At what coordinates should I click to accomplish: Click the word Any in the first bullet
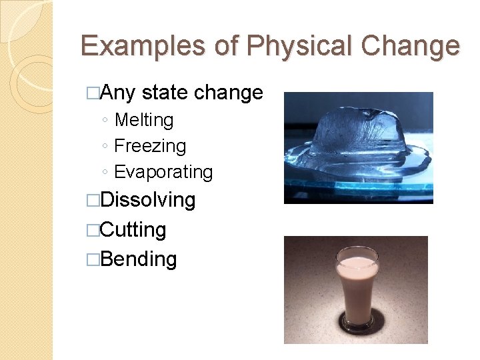[x=118, y=93]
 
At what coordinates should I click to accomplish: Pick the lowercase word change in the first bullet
[x=228, y=93]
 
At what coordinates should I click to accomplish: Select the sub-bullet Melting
[x=144, y=120]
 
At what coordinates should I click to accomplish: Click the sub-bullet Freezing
[x=150, y=146]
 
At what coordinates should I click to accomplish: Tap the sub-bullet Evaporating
[x=163, y=172]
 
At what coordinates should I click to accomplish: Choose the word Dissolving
[x=148, y=200]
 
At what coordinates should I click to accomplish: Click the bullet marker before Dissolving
[x=93, y=201]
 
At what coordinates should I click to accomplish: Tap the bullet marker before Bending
[x=93, y=259]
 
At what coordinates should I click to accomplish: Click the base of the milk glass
[x=356, y=324]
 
